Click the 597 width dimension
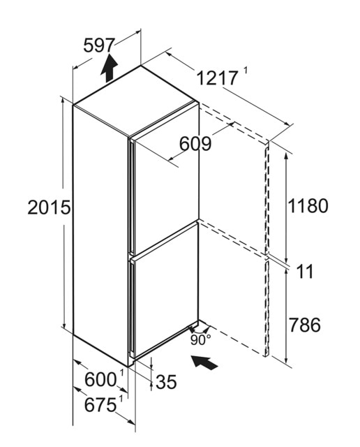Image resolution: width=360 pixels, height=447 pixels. click(99, 45)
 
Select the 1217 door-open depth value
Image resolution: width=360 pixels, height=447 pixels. click(217, 78)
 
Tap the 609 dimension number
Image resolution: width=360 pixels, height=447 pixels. click(195, 144)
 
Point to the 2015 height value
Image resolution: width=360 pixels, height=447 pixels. click(49, 207)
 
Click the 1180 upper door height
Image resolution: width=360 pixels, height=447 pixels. click(308, 205)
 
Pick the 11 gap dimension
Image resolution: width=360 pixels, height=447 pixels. click(305, 271)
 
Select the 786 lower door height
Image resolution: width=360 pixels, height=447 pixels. click(304, 325)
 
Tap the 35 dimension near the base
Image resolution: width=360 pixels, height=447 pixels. click(166, 382)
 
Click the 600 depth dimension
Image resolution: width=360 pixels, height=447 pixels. click(100, 379)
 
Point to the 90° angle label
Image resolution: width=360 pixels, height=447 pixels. click(201, 340)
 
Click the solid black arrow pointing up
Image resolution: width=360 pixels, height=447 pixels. click(109, 68)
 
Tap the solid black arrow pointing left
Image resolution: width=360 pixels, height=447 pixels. click(204, 362)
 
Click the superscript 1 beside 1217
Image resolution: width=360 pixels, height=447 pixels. click(245, 71)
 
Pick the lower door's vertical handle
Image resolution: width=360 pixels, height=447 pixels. click(132, 308)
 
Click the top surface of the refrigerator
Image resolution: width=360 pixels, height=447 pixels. click(135, 101)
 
